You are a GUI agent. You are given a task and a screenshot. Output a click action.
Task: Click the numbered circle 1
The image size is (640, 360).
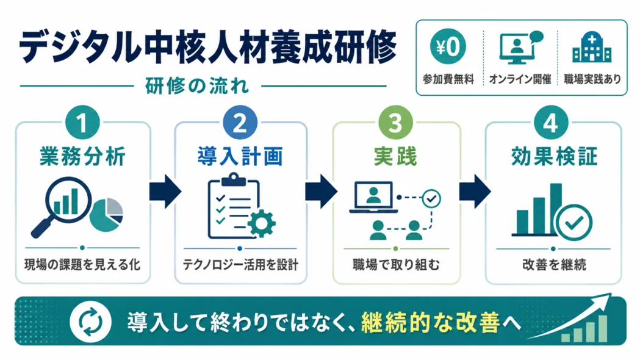(x=82, y=123)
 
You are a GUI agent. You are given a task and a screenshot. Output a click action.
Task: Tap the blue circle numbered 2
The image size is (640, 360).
(x=240, y=123)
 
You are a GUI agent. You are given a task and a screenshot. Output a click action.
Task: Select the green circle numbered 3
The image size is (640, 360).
(x=395, y=123)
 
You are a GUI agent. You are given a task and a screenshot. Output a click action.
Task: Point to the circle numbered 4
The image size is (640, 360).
(x=551, y=123)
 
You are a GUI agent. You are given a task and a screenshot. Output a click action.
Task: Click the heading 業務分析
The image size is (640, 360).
(x=82, y=156)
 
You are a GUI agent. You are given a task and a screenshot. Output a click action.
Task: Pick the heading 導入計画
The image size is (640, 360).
(x=240, y=156)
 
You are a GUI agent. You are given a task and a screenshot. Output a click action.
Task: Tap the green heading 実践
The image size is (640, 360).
(x=395, y=156)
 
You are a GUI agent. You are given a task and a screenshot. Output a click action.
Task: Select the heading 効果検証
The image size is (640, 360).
(x=554, y=156)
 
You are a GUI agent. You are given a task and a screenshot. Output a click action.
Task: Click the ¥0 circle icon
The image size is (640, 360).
(x=448, y=46)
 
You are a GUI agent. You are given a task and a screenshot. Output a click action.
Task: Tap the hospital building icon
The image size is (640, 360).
(x=592, y=48)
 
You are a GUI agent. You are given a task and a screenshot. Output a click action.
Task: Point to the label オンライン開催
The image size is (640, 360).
(x=520, y=79)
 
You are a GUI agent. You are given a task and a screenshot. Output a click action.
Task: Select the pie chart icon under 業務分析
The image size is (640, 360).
(x=106, y=215)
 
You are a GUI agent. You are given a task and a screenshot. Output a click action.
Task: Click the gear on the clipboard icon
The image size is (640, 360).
(x=261, y=223)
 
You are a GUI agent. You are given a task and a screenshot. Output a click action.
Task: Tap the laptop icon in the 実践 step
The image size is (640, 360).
(x=373, y=198)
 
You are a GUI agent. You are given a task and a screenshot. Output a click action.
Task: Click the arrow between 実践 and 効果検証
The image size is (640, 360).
(x=475, y=192)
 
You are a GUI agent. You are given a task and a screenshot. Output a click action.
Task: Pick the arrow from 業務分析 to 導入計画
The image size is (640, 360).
(x=165, y=192)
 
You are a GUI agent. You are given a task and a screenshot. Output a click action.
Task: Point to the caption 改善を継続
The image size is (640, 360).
(x=554, y=264)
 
